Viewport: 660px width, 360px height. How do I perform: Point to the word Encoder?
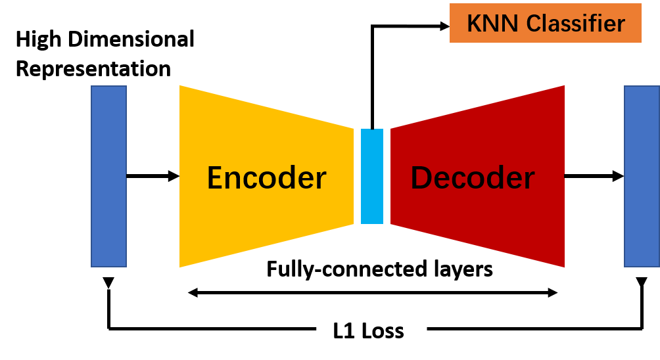[266, 178]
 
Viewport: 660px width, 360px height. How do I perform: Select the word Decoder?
[472, 178]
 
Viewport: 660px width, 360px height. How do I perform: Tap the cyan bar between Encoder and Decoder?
[371, 176]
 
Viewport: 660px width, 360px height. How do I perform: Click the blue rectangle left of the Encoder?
[108, 176]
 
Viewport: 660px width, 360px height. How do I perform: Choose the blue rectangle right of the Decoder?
[642, 176]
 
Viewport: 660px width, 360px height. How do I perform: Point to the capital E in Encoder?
[215, 178]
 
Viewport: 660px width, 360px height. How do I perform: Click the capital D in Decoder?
[421, 178]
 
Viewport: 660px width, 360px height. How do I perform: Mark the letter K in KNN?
[473, 24]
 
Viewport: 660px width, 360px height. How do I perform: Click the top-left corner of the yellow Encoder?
[181, 87]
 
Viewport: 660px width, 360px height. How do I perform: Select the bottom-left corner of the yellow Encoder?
[181, 266]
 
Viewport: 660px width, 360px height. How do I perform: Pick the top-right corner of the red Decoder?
[563, 87]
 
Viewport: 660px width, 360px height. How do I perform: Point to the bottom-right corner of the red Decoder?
[563, 266]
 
